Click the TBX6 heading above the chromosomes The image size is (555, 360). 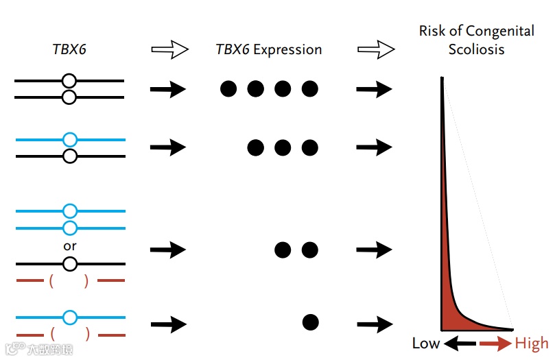point(69,49)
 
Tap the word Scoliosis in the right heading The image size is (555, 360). point(477,49)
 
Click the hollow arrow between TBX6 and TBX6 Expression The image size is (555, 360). point(169,49)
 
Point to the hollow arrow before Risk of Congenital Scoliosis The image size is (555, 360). point(376,49)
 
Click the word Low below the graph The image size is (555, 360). point(425,343)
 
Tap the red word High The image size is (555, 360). point(531,343)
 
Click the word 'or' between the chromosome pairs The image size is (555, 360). point(69,245)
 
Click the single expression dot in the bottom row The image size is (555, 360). point(310,322)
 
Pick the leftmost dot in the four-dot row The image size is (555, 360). point(228,88)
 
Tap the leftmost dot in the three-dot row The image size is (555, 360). point(256,147)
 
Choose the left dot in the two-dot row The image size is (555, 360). point(283,250)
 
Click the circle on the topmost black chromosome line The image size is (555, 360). point(69,82)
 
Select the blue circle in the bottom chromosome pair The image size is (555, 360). point(69,317)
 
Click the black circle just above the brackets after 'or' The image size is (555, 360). point(69,264)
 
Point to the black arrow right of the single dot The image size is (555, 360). point(375,323)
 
